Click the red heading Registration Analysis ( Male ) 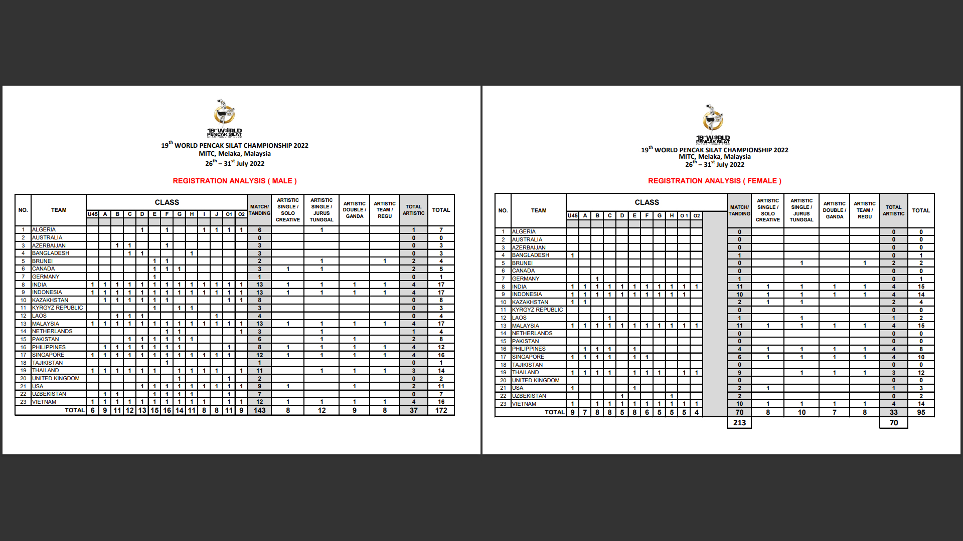click(235, 181)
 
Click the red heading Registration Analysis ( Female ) click(714, 181)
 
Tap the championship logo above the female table click(713, 122)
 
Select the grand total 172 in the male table click(441, 410)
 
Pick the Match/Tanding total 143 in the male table click(259, 410)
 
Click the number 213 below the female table click(739, 423)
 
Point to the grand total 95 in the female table click(921, 412)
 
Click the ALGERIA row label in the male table click(44, 229)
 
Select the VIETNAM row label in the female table click(524, 404)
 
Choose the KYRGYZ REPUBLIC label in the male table click(58, 308)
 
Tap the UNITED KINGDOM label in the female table click(536, 380)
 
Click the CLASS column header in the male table click(167, 202)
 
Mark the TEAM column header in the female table click(539, 210)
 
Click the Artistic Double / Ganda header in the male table click(355, 210)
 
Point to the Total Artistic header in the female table click(893, 210)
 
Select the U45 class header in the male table click(93, 214)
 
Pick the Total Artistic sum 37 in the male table click(413, 410)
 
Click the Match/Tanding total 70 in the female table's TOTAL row click(739, 412)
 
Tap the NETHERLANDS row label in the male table click(52, 331)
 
